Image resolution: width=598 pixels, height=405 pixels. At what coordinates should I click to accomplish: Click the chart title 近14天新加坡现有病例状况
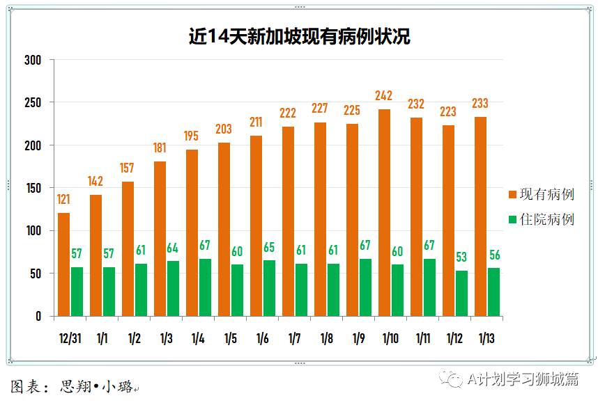tap(300, 36)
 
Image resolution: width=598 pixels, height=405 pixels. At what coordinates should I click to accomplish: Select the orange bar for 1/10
tap(384, 212)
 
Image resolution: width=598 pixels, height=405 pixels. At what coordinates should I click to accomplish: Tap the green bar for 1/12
tap(461, 293)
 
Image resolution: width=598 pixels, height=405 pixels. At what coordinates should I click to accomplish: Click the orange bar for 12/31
tap(63, 264)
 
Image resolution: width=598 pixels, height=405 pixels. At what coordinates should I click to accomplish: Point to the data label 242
tap(384, 96)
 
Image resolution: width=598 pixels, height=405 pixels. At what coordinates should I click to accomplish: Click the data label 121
tap(63, 200)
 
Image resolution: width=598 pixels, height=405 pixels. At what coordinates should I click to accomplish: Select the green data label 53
tap(461, 257)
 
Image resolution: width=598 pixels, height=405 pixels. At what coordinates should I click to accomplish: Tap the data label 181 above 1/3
tap(160, 148)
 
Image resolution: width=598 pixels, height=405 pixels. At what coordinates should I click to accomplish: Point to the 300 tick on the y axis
tap(33, 61)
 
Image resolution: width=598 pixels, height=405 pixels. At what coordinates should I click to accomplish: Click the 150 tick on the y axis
tap(33, 189)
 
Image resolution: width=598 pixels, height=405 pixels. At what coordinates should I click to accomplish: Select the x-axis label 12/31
tap(70, 339)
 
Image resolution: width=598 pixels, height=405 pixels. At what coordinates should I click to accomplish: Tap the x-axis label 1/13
tap(486, 339)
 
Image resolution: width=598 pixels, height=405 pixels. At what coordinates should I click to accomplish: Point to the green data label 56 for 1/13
tap(493, 255)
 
